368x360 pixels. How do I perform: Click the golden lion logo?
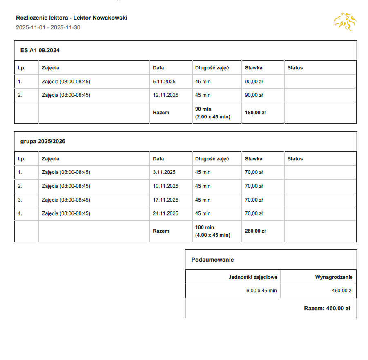tap(345, 22)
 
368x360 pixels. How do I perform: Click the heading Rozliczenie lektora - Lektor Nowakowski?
tap(71, 18)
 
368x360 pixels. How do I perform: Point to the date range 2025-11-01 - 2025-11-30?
tap(48, 27)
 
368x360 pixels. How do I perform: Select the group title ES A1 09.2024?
tap(40, 51)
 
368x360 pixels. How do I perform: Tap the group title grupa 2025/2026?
tap(42, 142)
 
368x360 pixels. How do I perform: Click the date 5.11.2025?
tap(164, 82)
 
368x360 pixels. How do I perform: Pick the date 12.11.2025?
tap(165, 95)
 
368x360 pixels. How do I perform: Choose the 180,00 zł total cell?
tap(255, 113)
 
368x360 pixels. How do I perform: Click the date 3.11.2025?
tap(164, 172)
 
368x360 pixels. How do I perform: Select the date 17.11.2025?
tap(165, 200)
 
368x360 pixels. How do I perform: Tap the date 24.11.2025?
tap(165, 213)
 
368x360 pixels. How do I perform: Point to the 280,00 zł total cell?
tap(255, 231)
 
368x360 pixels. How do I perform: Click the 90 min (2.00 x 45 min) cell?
tap(212, 113)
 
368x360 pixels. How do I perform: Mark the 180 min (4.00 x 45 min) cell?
tap(212, 231)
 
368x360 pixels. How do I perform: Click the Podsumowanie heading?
tap(212, 260)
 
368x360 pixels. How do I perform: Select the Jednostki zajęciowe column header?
tap(253, 277)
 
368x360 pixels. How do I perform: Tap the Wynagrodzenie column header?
tap(334, 277)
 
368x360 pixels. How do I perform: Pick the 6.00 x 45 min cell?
tap(261, 291)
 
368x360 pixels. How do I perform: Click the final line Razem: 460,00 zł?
tap(327, 308)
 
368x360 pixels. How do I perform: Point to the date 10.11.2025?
tap(165, 186)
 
